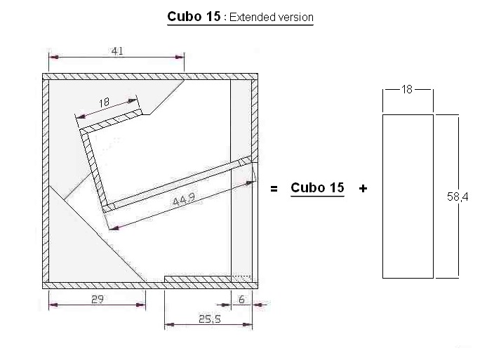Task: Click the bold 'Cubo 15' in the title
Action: pos(194,16)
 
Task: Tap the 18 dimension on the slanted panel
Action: pos(104,102)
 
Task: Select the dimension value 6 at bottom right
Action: pos(241,299)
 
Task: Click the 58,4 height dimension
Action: pos(458,197)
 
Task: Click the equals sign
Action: pos(275,188)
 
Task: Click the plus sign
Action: pos(363,188)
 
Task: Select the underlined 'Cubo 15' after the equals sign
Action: pos(317,187)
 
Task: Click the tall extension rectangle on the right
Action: pos(407,196)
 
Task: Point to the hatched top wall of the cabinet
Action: pos(151,76)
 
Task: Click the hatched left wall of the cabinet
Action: pos(46,175)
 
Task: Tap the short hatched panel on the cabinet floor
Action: pos(198,279)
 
